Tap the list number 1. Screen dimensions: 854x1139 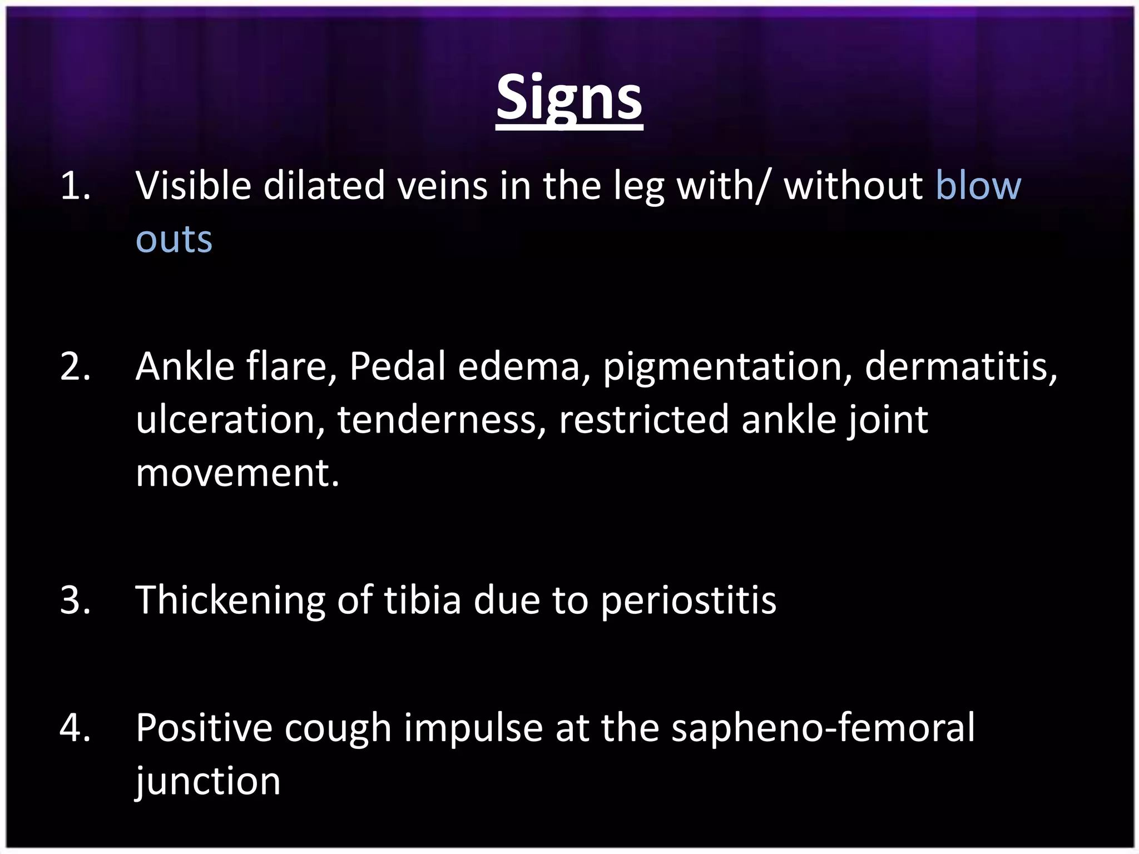coord(75,186)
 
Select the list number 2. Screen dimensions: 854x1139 coord(75,367)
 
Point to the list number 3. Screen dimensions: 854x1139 coord(75,600)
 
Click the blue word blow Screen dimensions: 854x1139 coord(978,186)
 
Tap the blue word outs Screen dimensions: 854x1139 coord(174,240)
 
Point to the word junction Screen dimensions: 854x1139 coord(208,782)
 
